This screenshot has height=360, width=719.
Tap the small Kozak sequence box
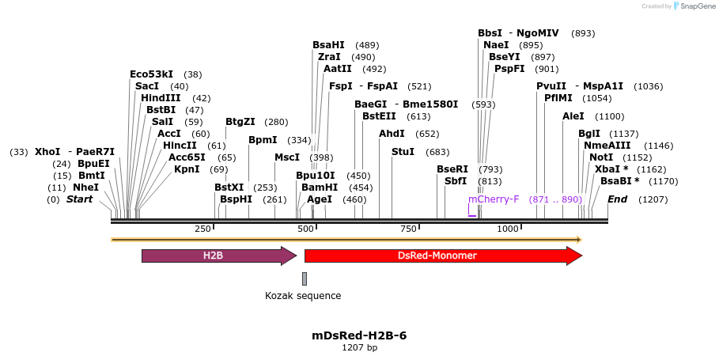(305, 279)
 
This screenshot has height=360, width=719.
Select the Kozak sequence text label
(303, 296)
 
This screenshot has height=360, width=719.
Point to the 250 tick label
(203, 229)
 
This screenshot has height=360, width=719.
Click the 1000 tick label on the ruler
(507, 229)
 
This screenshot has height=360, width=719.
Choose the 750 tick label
(409, 229)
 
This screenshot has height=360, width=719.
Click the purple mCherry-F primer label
(494, 199)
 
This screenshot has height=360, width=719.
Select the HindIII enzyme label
(161, 98)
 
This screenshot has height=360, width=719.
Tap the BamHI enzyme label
(320, 188)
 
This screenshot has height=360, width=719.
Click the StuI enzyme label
(403, 152)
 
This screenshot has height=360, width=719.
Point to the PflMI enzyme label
(561, 98)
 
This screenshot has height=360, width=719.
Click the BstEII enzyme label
(379, 116)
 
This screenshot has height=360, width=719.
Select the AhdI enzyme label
(392, 134)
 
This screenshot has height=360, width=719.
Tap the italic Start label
(79, 199)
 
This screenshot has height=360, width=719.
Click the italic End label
(617, 199)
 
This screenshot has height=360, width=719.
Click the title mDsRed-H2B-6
(359, 335)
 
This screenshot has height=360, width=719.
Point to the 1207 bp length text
(359, 347)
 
